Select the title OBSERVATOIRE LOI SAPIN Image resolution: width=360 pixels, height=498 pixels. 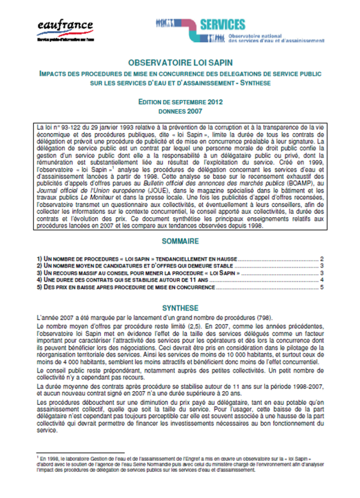click(181, 62)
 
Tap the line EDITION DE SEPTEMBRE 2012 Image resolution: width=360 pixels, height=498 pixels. click(181, 101)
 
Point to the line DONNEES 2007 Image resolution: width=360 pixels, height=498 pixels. click(181, 110)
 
